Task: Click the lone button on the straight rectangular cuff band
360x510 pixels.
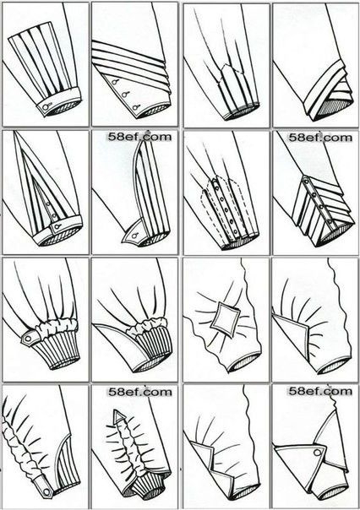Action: pyautogui.click(x=48, y=106)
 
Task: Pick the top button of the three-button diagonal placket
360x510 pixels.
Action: pyautogui.click(x=114, y=82)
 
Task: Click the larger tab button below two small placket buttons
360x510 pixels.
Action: pyautogui.click(x=57, y=226)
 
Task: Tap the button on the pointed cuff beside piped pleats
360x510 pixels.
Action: pyautogui.click(x=134, y=234)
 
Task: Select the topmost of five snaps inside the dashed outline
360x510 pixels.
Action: pyautogui.click(x=215, y=183)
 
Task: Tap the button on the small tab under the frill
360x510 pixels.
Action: pyautogui.click(x=28, y=339)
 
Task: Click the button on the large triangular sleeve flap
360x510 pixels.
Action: pyautogui.click(x=316, y=453)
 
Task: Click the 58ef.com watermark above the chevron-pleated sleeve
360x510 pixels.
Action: pyautogui.click(x=320, y=137)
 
